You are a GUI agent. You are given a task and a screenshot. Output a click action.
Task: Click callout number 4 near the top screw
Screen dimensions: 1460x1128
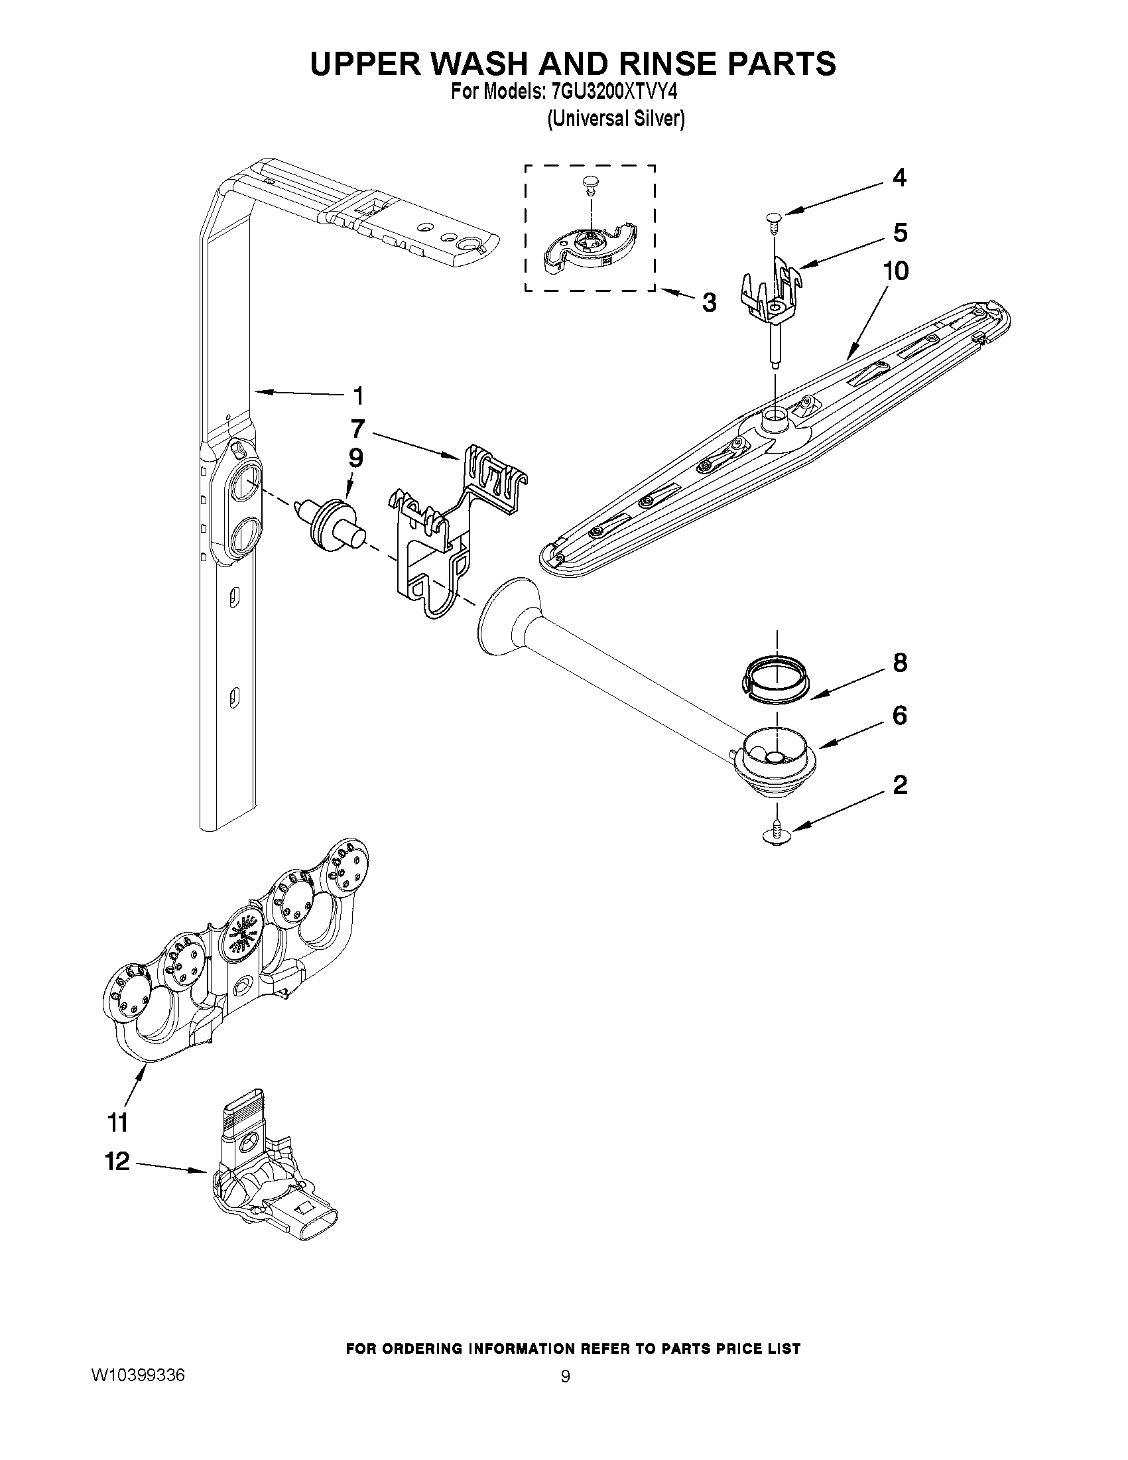click(899, 178)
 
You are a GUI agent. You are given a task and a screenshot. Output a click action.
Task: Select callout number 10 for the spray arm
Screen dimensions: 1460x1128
click(895, 271)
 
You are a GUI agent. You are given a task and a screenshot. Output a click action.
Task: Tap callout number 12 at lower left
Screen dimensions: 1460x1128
click(117, 1161)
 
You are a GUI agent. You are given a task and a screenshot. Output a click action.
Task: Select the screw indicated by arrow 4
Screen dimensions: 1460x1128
click(775, 220)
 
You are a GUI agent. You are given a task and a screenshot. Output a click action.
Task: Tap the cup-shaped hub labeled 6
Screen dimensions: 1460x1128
click(775, 762)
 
